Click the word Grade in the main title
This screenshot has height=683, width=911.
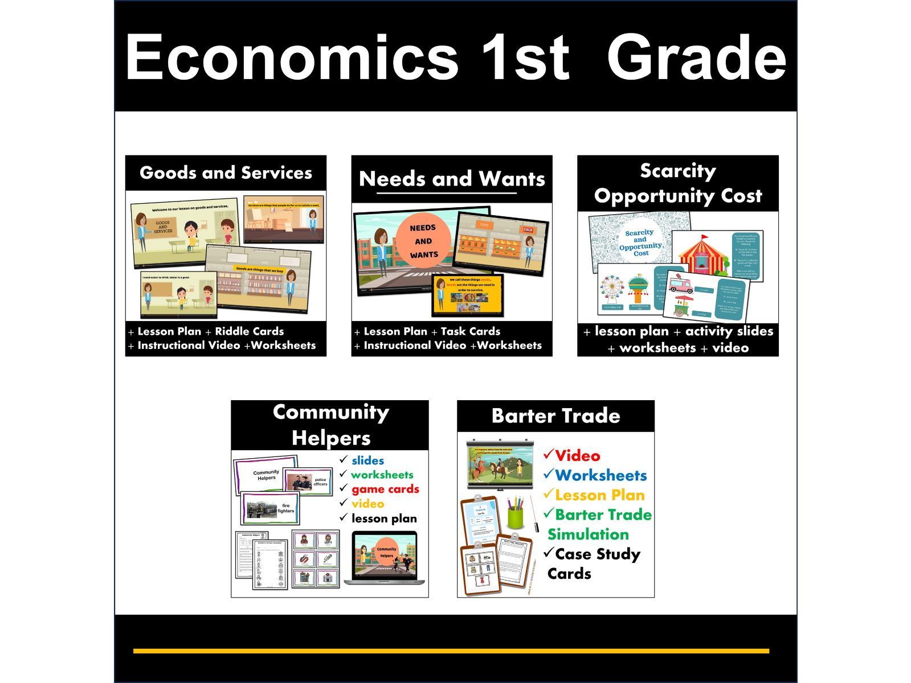696,58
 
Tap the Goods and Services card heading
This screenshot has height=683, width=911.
226,172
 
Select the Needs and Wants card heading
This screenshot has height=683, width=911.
452,179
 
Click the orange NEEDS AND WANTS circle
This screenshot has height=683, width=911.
423,241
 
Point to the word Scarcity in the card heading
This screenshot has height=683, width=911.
677,170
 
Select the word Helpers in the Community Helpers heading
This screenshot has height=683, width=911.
330,438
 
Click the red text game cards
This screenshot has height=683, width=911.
385,489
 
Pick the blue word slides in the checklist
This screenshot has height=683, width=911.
367,460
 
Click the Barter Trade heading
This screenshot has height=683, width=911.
555,415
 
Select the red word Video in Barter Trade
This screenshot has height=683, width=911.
577,456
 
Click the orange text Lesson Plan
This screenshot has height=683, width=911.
599,495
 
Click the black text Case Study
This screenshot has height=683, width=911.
598,554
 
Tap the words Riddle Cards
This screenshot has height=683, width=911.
249,331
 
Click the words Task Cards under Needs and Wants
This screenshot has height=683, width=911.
470,331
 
